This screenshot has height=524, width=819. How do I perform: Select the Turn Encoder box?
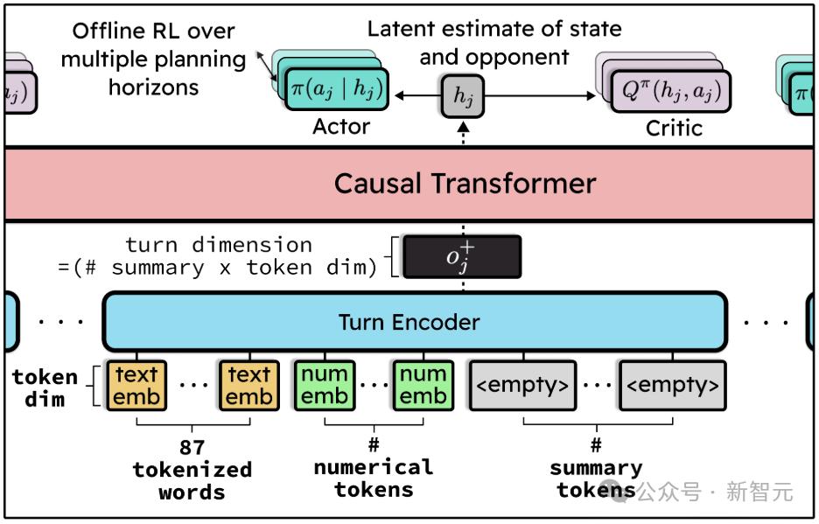click(409, 321)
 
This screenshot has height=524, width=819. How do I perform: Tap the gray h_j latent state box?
click(462, 95)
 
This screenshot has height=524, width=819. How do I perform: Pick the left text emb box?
click(136, 385)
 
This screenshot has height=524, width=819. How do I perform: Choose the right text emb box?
click(248, 385)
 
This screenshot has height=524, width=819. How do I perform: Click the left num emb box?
click(325, 385)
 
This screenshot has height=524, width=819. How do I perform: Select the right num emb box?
click(422, 385)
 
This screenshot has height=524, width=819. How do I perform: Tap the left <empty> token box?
click(522, 385)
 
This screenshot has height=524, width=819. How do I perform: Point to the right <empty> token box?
click(672, 385)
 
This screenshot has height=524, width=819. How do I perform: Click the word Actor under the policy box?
click(341, 128)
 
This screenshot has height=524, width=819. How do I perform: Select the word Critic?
click(674, 128)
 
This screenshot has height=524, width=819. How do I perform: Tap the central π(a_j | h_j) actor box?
click(338, 91)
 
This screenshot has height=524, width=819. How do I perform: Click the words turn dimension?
click(219, 245)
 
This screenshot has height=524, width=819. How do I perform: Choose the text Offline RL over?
click(153, 31)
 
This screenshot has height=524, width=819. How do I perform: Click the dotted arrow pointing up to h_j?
click(463, 133)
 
